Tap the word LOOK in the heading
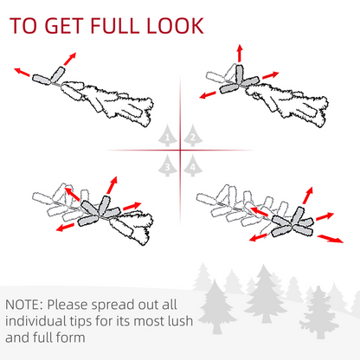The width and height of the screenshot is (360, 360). tap(176, 26)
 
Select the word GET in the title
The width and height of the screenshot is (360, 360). tap(64, 26)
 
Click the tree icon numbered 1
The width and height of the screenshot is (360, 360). tap(168, 136)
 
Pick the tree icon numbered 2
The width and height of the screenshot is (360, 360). tap(193, 136)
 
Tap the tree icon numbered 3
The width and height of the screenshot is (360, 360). tap(168, 165)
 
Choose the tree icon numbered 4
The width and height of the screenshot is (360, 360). tap(193, 165)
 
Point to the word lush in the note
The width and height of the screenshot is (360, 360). tap(180, 321)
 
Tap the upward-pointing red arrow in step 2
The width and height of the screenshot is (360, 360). tap(240, 53)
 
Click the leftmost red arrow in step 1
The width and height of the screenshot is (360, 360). tap(22, 72)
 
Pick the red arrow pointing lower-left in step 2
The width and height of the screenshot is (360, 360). tap(208, 95)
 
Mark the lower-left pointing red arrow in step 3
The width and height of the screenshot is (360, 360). tap(65, 227)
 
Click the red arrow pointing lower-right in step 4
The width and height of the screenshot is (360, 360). tap(331, 239)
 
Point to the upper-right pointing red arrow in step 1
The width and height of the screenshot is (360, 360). tap(70, 59)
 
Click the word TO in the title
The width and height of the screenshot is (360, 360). tap(23, 26)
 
